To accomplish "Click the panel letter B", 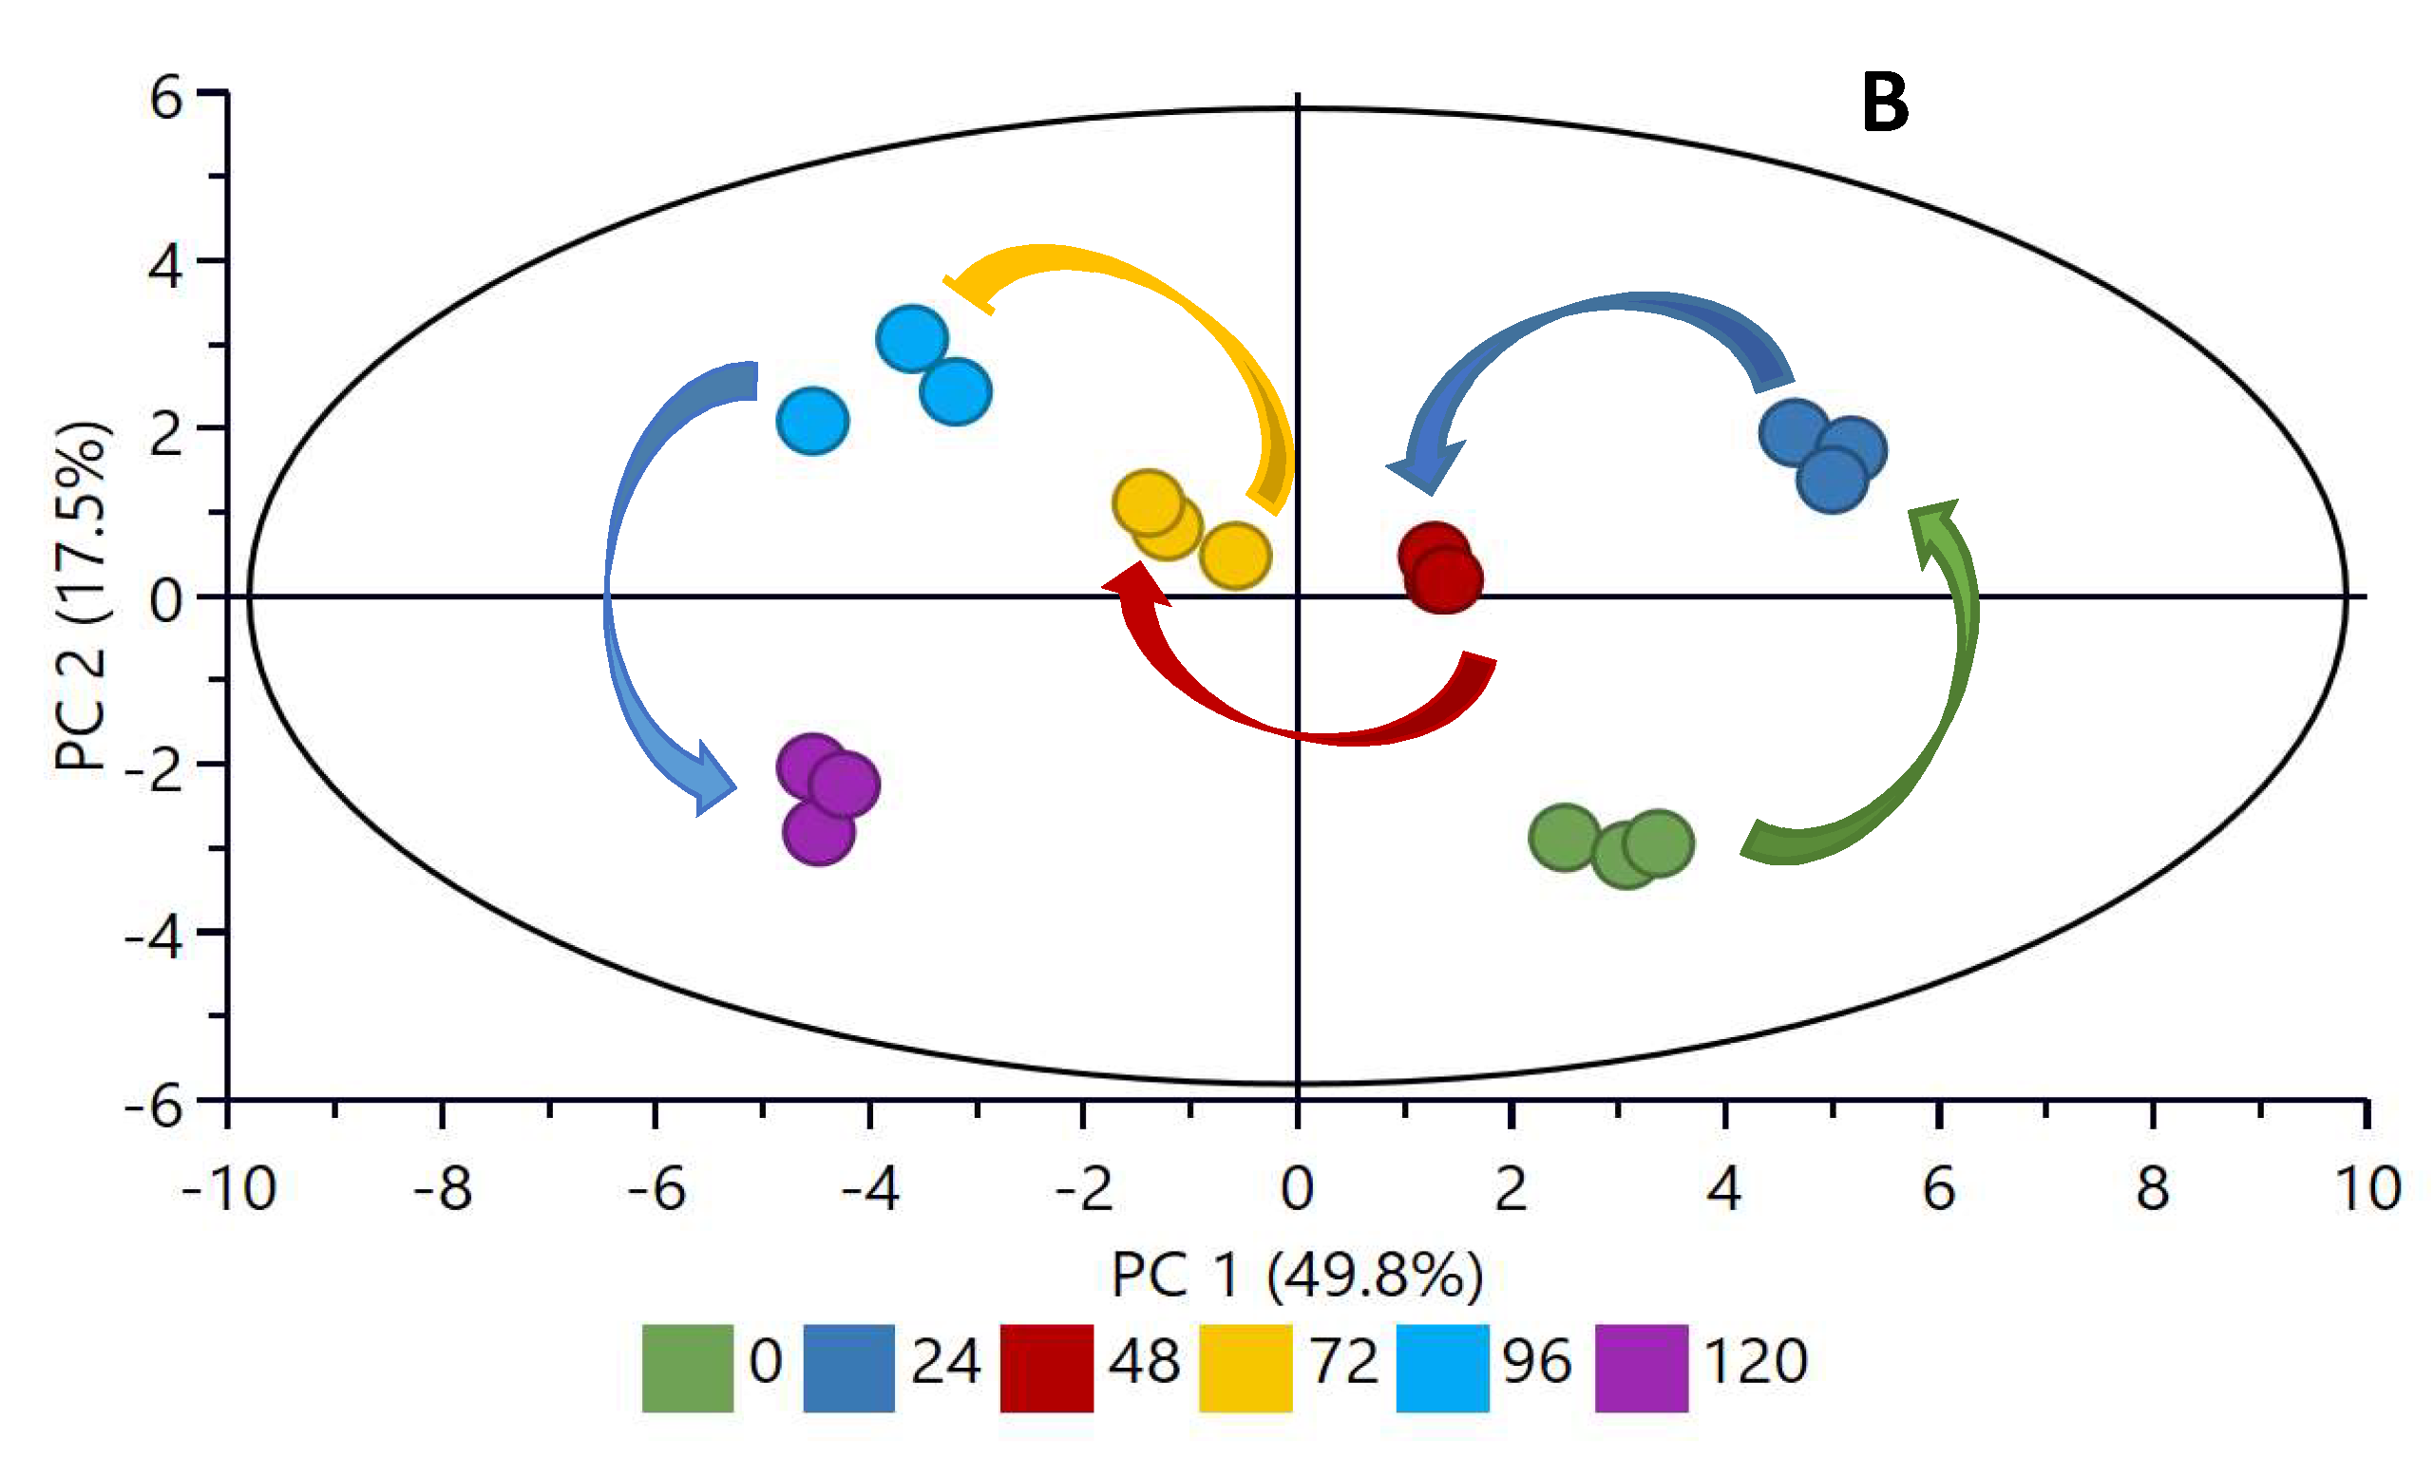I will (1884, 104).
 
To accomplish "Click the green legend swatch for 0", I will (687, 1368).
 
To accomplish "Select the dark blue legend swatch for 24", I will (848, 1368).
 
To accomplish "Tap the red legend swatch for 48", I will (1047, 1368).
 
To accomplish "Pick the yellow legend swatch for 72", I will (1245, 1368).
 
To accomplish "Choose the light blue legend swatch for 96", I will (1442, 1368).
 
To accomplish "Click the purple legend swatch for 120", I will (1641, 1368).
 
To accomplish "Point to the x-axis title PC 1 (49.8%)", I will (1296, 1276).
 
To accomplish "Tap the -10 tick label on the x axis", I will (229, 1189).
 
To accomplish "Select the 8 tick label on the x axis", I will (2152, 1189).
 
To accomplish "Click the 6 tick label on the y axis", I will (166, 98).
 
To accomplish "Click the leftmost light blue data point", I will (812, 421).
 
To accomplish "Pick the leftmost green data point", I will (1564, 838).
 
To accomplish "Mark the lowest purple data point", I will (818, 832).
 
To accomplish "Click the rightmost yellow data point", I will (1234, 556).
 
